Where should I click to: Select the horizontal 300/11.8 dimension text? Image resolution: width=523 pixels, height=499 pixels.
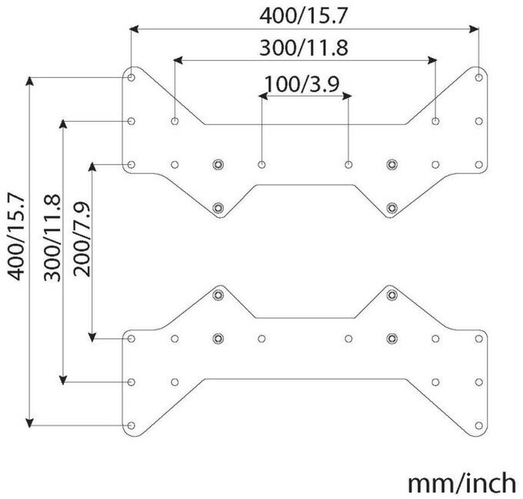pos(303,48)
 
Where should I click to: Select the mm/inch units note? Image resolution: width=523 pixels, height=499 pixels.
pos(461,482)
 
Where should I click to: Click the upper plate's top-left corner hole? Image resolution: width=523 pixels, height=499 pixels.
pos(132,78)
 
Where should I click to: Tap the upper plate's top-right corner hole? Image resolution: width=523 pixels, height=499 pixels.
pos(478,78)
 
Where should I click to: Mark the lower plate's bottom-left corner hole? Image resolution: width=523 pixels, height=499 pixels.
pos(132,425)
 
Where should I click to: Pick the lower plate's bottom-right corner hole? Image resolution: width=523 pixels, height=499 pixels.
pos(478,425)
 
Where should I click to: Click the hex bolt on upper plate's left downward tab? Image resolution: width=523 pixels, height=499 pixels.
pos(218,207)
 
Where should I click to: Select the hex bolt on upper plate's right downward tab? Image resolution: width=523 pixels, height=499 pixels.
pos(392,207)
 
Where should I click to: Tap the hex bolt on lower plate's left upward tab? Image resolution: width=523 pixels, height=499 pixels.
pos(218,295)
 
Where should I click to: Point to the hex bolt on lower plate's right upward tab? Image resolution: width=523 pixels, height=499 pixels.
pos(392,295)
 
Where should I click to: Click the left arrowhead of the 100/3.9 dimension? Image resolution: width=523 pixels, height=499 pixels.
pos(262,96)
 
